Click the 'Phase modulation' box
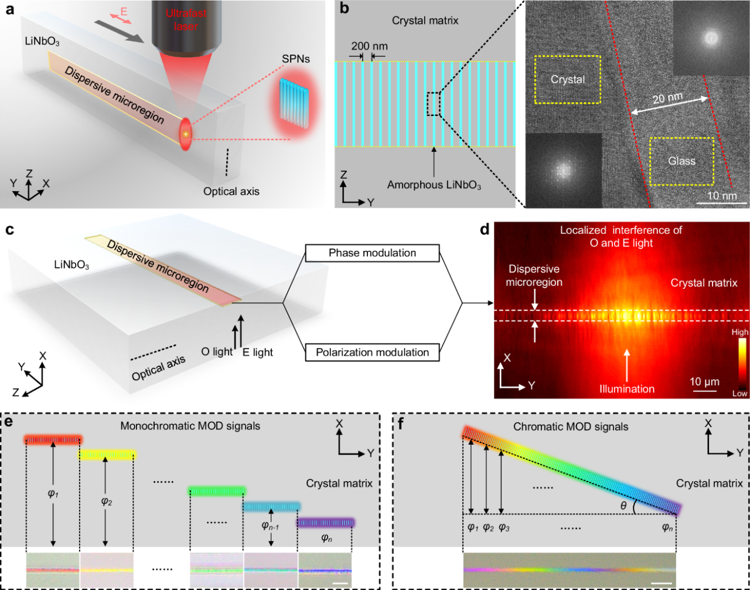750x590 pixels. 372,253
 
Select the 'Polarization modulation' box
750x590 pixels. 372,352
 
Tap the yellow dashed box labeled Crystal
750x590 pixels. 568,80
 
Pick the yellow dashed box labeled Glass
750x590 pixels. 681,161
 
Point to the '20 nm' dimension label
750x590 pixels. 667,98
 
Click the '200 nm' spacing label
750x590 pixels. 369,46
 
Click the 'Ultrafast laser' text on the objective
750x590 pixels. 186,19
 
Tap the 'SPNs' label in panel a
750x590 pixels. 296,59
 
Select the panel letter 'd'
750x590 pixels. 485,230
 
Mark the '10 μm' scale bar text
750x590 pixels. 704,381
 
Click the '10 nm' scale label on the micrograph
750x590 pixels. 722,196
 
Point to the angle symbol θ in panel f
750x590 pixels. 623,505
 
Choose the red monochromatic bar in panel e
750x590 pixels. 53,440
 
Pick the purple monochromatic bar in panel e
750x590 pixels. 325,523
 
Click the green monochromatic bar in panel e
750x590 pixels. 217,492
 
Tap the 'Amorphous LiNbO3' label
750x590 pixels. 434,185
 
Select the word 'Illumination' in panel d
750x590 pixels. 627,388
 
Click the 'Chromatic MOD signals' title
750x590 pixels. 571,427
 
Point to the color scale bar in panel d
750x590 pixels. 743,363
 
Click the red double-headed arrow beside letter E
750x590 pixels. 121,19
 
